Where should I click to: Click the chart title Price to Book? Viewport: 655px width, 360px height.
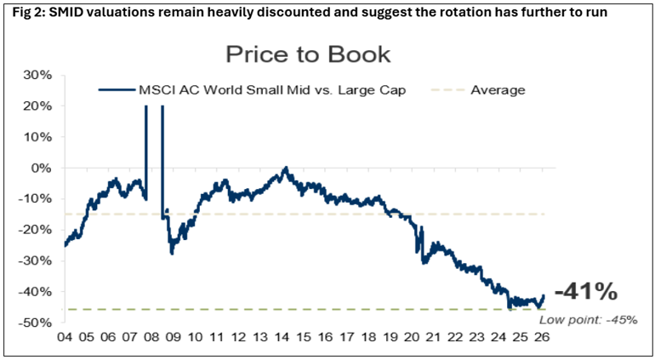(307, 55)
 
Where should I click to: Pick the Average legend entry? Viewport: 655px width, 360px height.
(498, 89)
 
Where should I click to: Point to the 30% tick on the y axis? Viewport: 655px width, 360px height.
(37, 75)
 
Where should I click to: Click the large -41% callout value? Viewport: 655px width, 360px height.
(586, 292)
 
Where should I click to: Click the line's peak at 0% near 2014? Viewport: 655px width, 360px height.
(285, 168)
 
